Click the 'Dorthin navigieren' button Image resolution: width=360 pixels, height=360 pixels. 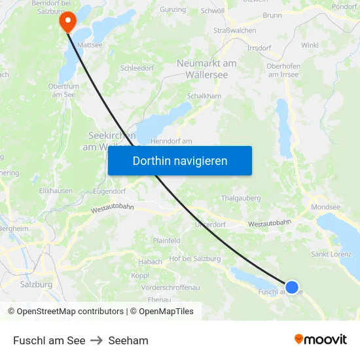point(180,160)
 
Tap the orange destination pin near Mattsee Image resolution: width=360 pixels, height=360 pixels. point(67,21)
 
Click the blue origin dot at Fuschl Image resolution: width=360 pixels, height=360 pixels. point(292,287)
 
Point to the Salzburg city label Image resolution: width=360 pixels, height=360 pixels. point(36,285)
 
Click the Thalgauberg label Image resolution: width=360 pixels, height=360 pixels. point(241,198)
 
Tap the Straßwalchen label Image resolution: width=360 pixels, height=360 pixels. point(235,30)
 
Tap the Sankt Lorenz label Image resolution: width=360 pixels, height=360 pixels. point(331,254)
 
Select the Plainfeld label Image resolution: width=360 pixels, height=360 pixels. point(166,241)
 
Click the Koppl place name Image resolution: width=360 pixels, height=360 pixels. point(140,276)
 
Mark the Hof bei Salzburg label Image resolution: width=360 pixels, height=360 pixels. point(195,259)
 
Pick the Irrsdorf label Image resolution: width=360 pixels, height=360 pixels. point(259,48)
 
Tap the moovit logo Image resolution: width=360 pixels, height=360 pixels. point(320,339)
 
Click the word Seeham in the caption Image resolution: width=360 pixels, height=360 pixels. point(128,340)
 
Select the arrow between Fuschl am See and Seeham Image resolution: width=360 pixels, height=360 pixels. point(97,340)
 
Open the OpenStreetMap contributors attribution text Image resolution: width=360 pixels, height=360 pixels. point(66,312)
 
